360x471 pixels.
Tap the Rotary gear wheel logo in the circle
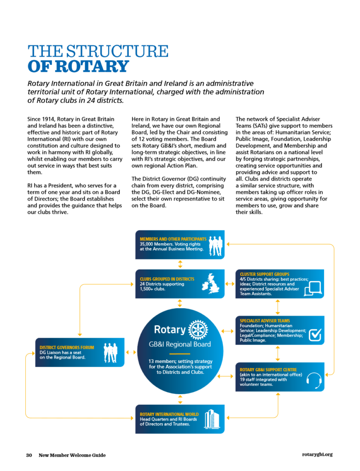tap(198, 330)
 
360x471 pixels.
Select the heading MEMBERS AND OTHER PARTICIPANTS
tap(173, 239)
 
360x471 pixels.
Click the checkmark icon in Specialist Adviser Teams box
tap(314, 335)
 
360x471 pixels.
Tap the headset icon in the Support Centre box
tap(314, 380)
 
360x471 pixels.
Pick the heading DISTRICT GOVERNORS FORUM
tap(67, 348)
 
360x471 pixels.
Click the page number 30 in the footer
tap(29, 455)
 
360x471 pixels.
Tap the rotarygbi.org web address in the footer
tap(317, 454)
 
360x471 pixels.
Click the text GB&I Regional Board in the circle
tap(180, 344)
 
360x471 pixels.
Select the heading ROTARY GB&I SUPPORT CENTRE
tap(268, 369)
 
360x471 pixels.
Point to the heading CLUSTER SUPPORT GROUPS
tap(265, 274)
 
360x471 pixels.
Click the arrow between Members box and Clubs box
tap(180, 264)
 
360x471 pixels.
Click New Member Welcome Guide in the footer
tap(72, 455)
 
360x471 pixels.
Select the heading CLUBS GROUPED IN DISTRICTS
tap(167, 279)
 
